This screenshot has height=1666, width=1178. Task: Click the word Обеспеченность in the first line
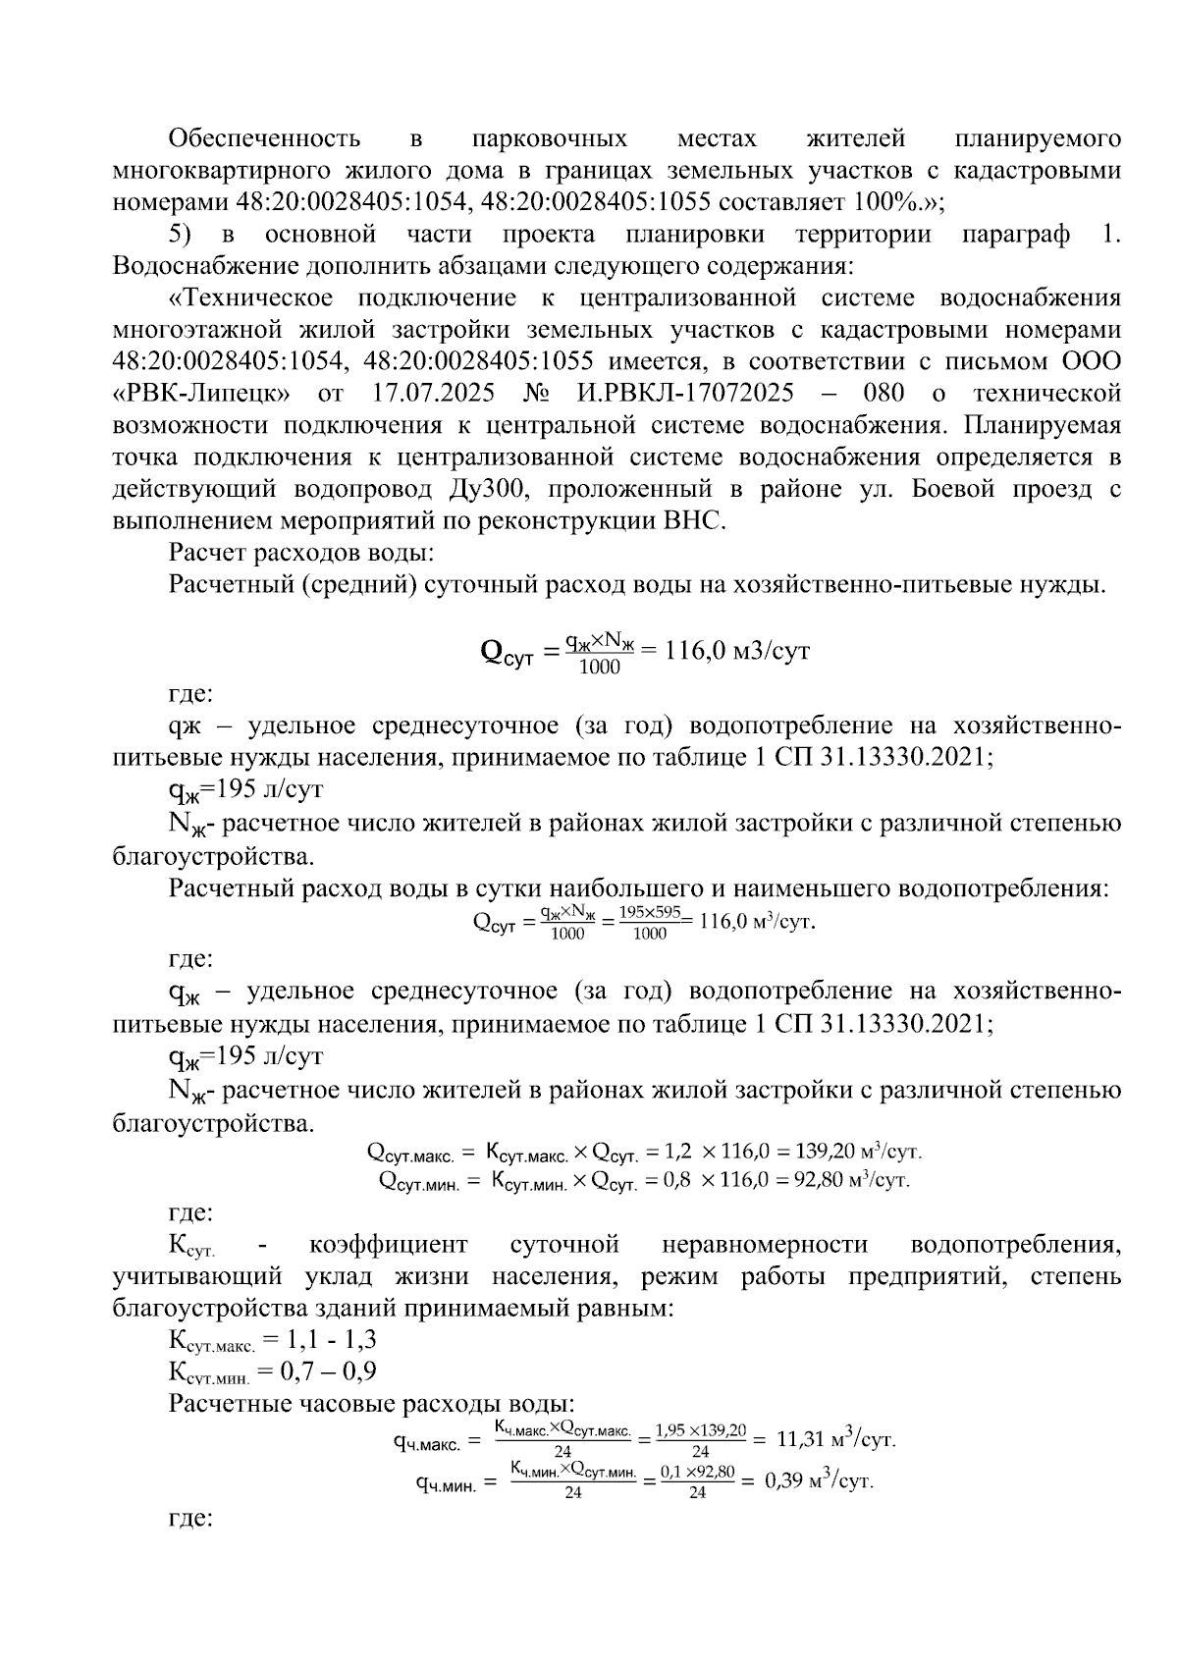click(264, 138)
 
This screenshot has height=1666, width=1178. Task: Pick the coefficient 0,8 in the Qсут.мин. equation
click(677, 1180)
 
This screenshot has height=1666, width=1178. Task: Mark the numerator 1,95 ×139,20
click(701, 1430)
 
